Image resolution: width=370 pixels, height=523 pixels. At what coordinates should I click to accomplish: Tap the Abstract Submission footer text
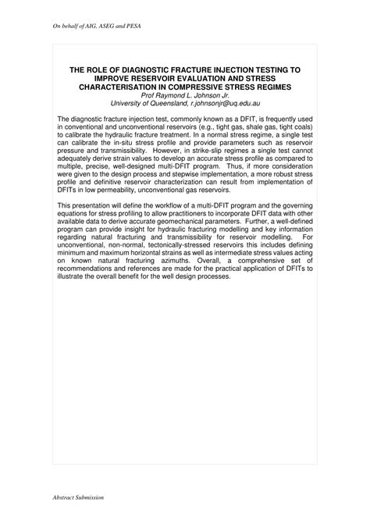(77, 496)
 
